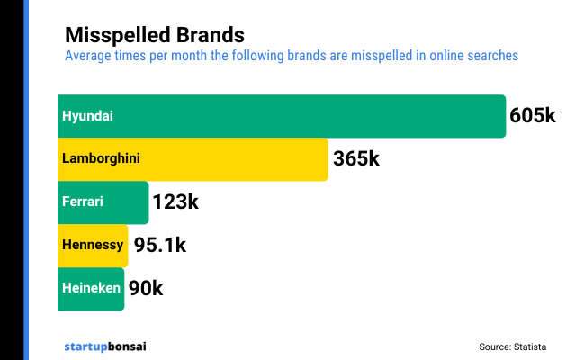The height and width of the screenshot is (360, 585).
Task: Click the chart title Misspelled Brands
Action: coord(154,35)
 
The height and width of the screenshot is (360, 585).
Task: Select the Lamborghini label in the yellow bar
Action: coord(101,159)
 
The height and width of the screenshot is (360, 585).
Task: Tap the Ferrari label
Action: coord(83,202)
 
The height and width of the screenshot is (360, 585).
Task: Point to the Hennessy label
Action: coord(92,245)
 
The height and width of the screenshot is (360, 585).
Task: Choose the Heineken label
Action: coord(90,288)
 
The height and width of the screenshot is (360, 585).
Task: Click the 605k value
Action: coord(533,116)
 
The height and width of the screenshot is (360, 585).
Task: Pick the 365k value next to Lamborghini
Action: coord(356,159)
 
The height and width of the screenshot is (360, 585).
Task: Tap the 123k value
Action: coord(175,202)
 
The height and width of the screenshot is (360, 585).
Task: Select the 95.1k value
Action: coord(160,245)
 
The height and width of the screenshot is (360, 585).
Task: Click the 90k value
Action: coord(146,288)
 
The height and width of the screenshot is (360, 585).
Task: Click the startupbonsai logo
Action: coord(104,346)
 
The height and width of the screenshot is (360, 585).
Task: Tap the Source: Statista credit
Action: coord(512,346)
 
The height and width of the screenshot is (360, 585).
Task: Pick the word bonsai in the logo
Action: coord(126,346)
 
